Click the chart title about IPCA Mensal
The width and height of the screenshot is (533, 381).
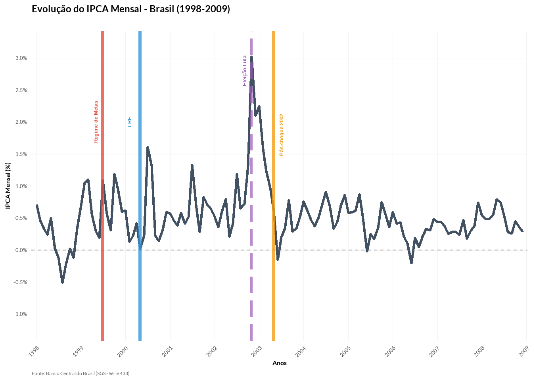[x=131, y=9]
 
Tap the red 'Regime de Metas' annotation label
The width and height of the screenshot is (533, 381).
[x=96, y=121]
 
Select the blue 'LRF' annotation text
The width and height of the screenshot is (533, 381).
[x=130, y=122]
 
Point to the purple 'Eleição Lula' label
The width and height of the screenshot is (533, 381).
[x=245, y=71]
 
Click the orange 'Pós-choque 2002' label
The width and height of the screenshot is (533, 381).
[x=282, y=135]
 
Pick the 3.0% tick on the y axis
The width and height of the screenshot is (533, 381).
[x=21, y=58]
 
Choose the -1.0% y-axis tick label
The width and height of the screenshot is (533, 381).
[x=21, y=314]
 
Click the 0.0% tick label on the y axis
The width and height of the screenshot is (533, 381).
[x=21, y=250]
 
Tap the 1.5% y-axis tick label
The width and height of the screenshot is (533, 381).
[x=21, y=154]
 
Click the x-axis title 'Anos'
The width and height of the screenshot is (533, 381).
[x=280, y=363]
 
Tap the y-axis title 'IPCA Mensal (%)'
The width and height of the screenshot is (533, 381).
[x=8, y=186]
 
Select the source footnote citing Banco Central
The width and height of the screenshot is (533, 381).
[x=81, y=373]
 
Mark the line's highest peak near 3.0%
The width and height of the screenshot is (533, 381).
[x=251, y=58]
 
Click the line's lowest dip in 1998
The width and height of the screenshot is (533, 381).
[x=62, y=282]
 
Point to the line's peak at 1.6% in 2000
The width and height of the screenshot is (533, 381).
[x=148, y=148]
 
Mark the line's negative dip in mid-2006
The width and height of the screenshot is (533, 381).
[x=411, y=263]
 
